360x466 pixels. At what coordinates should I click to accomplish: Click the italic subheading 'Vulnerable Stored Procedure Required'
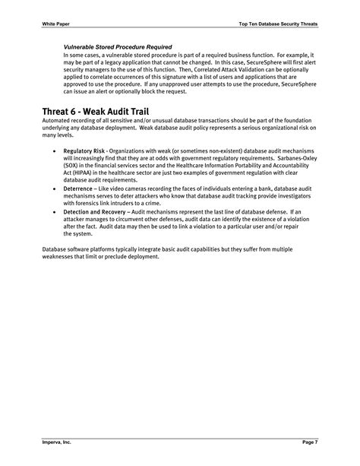point(117,48)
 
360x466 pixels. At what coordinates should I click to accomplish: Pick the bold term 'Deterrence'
point(79,187)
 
